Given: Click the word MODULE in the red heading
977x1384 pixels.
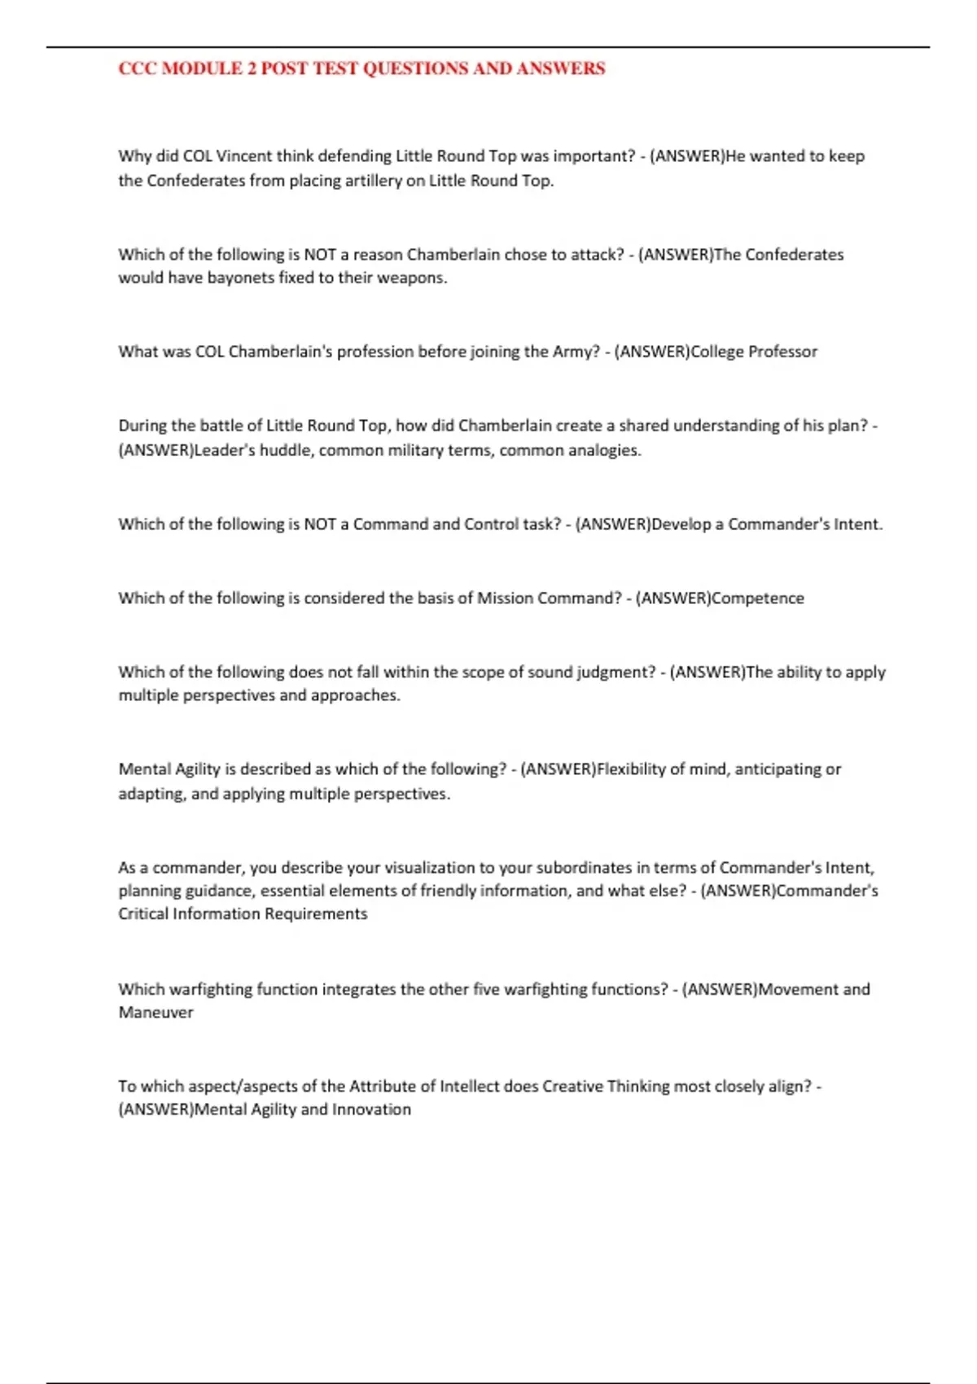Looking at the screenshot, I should click(x=203, y=69).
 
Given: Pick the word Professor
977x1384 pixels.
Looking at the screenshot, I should click(x=782, y=352).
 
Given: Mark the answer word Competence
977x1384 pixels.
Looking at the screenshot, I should click(x=757, y=598).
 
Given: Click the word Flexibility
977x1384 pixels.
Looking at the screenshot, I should click(x=631, y=769).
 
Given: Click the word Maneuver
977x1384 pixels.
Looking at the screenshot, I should click(x=156, y=1013).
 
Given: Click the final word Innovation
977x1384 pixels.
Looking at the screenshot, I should click(x=371, y=1110).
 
